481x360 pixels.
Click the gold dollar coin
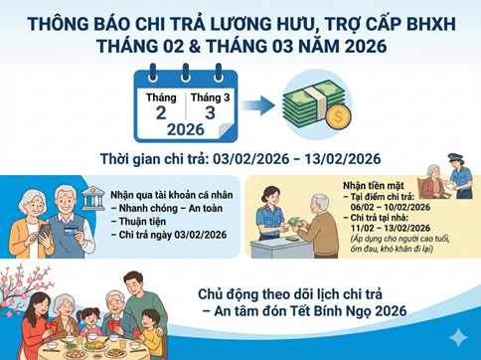pyautogui.click(x=338, y=116)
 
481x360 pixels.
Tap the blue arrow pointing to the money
pyautogui.click(x=257, y=105)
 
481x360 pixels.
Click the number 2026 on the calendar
pyautogui.click(x=186, y=129)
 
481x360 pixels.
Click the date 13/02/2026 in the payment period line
pyautogui.click(x=343, y=159)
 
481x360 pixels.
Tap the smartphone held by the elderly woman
pyautogui.click(x=45, y=231)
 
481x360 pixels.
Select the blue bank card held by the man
pyautogui.click(x=71, y=230)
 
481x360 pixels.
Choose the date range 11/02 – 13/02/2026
pyautogui.click(x=391, y=228)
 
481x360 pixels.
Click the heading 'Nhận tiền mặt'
pyautogui.click(x=374, y=186)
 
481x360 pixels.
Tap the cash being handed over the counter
pyautogui.click(x=295, y=222)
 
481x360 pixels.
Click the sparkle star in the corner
pyautogui.click(x=459, y=338)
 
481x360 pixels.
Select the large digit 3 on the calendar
pyautogui.click(x=210, y=113)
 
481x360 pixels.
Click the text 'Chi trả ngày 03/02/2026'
pyautogui.click(x=173, y=235)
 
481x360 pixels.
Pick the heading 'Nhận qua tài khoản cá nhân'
pyautogui.click(x=172, y=195)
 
